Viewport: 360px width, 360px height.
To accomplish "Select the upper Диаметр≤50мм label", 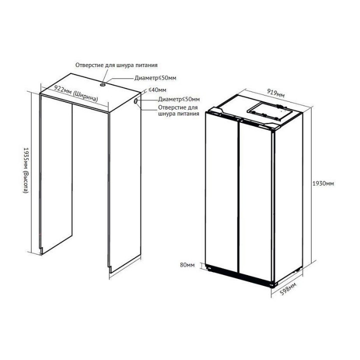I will pos(155,78).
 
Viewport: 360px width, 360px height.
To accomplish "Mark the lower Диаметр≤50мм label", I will pos(178,99).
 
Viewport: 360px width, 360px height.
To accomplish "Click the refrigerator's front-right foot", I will pos(273,284).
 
